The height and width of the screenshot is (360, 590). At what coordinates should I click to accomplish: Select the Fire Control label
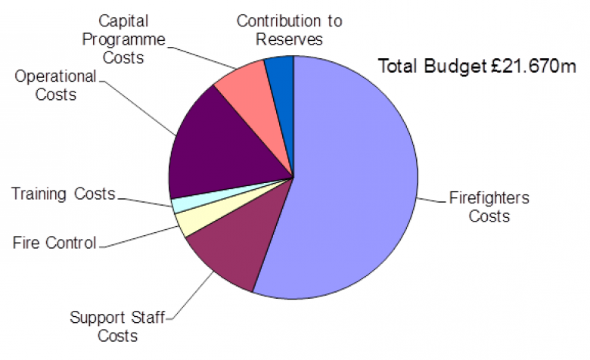(54, 243)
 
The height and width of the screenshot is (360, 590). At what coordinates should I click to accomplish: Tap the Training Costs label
(63, 194)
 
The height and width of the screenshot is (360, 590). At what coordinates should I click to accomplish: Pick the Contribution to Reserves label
(280, 29)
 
